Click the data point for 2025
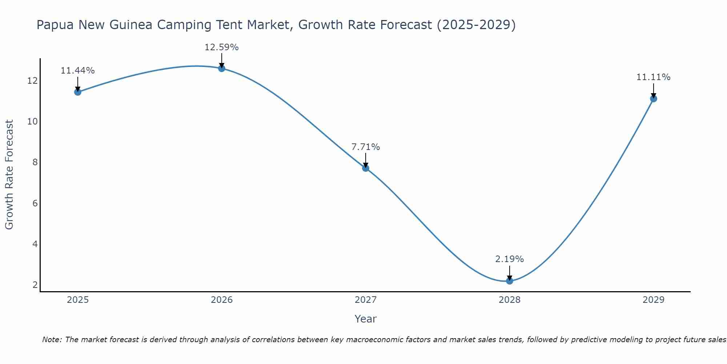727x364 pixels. [77, 92]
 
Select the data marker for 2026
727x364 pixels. [221, 68]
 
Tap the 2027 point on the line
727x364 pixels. [365, 168]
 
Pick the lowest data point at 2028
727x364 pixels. [509, 281]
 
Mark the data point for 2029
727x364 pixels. [653, 98]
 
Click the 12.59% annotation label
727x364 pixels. [221, 47]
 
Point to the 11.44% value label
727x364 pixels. [77, 71]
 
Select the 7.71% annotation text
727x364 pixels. [365, 147]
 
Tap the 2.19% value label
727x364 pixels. [509, 259]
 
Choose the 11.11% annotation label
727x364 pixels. [653, 77]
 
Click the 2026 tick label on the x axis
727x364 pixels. [222, 300]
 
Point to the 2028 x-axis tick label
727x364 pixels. [509, 300]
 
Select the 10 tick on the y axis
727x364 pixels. [33, 121]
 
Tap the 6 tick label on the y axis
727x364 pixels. [35, 203]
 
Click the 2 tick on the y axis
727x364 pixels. [35, 285]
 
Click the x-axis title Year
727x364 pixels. [365, 319]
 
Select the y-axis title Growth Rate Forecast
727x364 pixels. [9, 174]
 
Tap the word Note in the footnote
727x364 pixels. [52, 340]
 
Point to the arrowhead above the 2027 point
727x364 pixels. [365, 165]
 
